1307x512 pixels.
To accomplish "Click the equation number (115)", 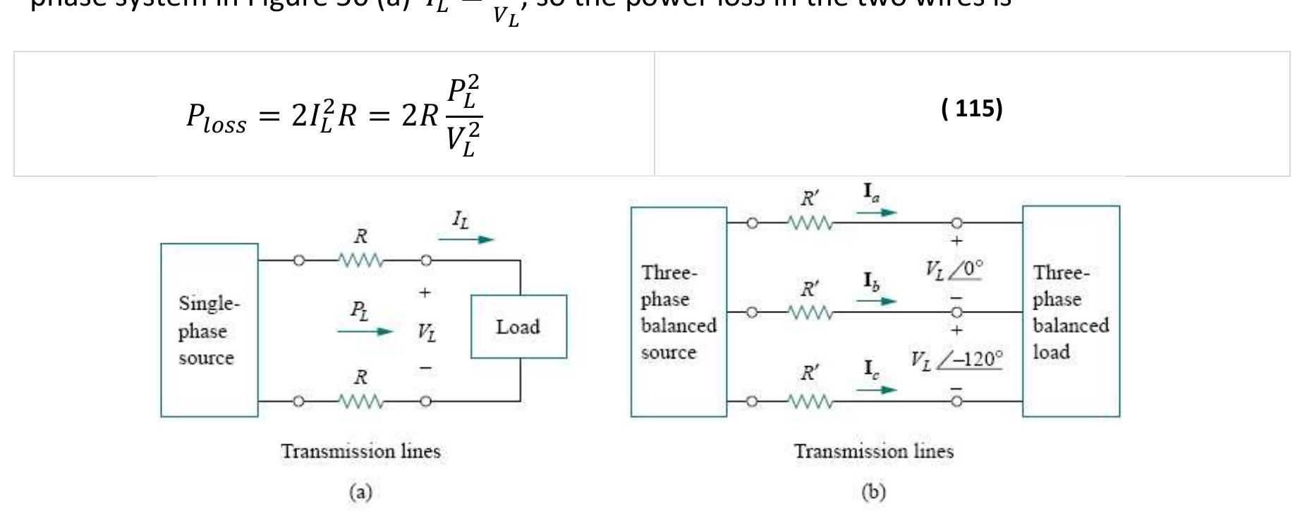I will coord(971,108).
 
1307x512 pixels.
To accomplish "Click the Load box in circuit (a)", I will coord(518,327).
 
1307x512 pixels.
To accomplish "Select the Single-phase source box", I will coord(209,330).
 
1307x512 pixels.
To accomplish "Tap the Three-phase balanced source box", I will coord(678,312).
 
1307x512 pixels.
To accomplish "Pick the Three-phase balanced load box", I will coord(1070,312).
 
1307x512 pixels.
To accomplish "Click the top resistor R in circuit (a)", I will coord(360,260).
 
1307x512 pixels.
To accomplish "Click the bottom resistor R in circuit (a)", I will coord(360,401).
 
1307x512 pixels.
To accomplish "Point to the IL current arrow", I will coord(466,239).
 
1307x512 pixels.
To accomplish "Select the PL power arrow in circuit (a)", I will coord(364,331).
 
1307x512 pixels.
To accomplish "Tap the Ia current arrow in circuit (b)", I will coord(877,212).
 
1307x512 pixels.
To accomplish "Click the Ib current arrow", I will coord(877,300).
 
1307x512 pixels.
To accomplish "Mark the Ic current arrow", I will coord(877,389).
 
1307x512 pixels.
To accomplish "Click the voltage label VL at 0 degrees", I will coord(954,269).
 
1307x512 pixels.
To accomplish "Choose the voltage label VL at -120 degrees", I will coord(955,360).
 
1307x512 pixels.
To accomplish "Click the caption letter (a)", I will coord(360,492).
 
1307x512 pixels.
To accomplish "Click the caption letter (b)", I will coord(873,492).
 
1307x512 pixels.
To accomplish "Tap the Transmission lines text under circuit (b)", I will coord(873,451).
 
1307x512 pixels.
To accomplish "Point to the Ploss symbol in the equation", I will coord(215,116).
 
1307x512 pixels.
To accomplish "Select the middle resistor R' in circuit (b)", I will coord(810,312).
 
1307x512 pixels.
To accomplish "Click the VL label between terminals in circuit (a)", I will coord(426,331).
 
